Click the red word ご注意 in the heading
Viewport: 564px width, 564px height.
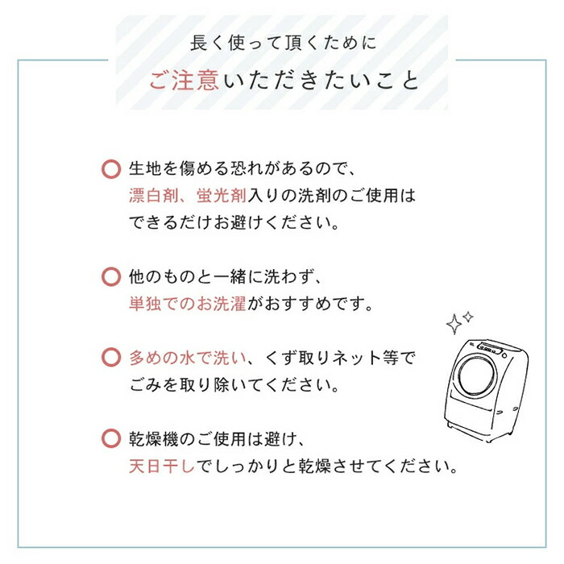(x=184, y=81)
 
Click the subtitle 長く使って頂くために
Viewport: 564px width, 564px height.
(x=283, y=44)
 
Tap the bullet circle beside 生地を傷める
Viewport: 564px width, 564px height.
(x=111, y=169)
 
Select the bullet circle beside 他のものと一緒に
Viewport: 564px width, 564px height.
(x=111, y=277)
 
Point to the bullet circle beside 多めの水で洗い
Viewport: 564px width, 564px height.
(x=111, y=358)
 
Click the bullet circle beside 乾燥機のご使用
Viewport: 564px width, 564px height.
(x=111, y=438)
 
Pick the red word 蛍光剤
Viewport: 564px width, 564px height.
(x=222, y=196)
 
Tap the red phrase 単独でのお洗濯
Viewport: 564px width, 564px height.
(x=188, y=304)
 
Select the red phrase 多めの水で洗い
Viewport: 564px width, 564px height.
(x=188, y=358)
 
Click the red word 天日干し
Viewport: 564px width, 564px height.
(x=162, y=467)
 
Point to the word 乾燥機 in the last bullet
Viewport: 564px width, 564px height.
(x=154, y=439)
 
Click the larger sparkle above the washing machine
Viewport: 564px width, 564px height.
(x=454, y=324)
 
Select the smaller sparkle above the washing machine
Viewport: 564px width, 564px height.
(x=468, y=317)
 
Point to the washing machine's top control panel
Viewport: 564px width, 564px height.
(x=491, y=348)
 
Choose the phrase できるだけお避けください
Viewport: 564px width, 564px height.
(x=234, y=223)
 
